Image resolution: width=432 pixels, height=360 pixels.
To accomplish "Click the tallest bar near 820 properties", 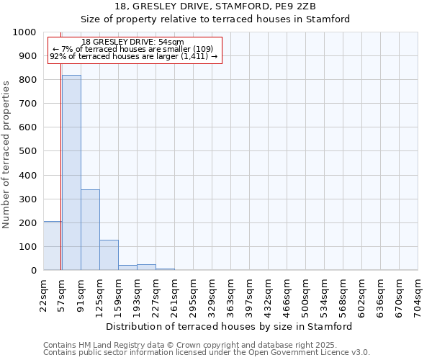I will (71, 173).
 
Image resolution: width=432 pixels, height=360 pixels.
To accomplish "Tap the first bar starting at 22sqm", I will (52, 246).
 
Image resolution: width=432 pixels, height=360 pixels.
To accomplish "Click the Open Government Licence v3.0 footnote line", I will (207, 353).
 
